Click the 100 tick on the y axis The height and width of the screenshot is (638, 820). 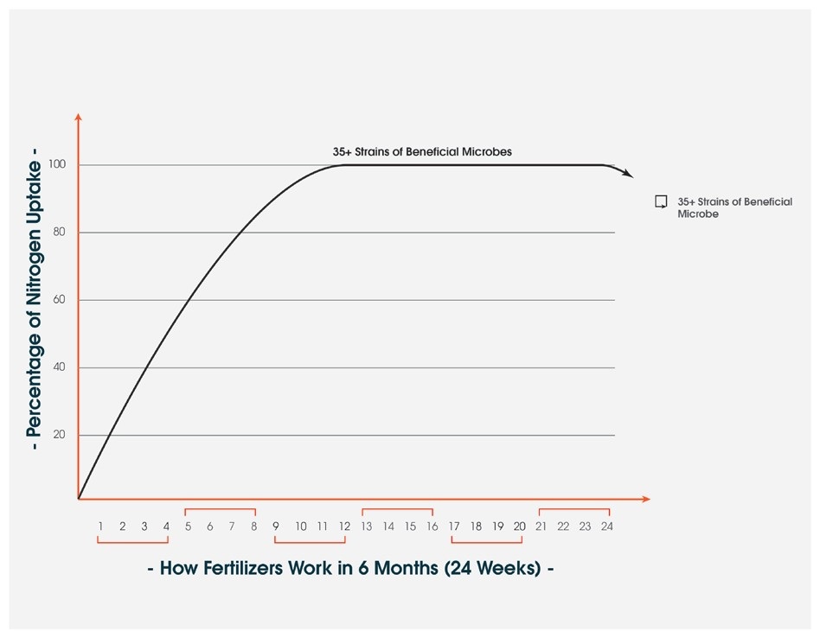pyautogui.click(x=58, y=164)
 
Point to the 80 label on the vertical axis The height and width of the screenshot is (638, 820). pyautogui.click(x=60, y=232)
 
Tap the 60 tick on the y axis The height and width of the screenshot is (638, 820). pyautogui.click(x=60, y=299)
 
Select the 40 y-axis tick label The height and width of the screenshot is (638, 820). pyautogui.click(x=60, y=367)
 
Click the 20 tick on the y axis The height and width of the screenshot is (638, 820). pyautogui.click(x=60, y=434)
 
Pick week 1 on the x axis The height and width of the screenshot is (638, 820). pyautogui.click(x=101, y=526)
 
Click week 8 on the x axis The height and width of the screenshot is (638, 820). pyautogui.click(x=253, y=526)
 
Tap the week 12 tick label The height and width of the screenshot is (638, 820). pyautogui.click(x=344, y=526)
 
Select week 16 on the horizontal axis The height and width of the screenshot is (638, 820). pyautogui.click(x=432, y=526)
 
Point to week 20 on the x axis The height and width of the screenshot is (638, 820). pyautogui.click(x=519, y=526)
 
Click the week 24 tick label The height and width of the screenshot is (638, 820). pyautogui.click(x=607, y=526)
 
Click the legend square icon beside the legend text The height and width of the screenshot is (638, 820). pyautogui.click(x=661, y=201)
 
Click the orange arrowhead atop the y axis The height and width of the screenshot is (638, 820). pyautogui.click(x=79, y=117)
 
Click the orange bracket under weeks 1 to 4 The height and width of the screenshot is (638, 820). pyautogui.click(x=133, y=542)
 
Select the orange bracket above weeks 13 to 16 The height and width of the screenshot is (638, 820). pyautogui.click(x=397, y=510)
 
